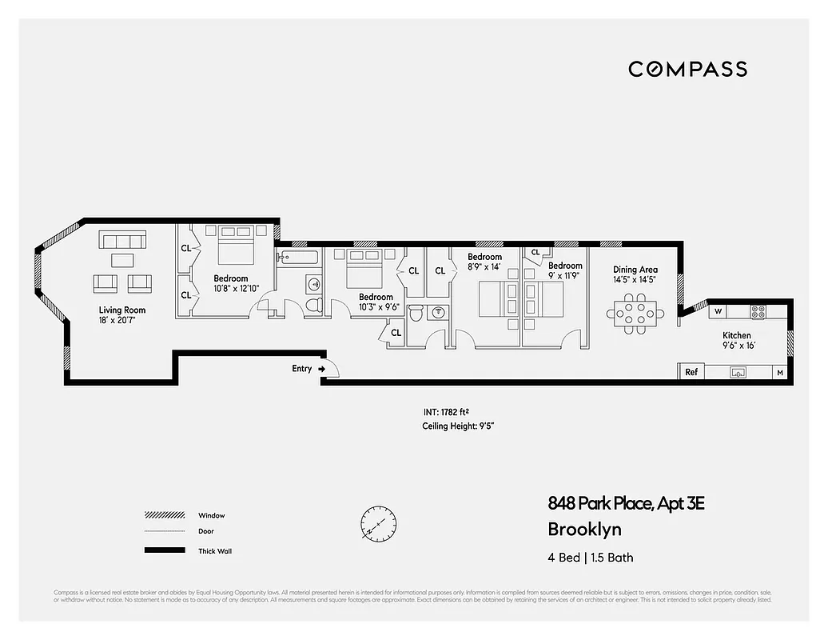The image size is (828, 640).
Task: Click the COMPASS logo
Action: [x=687, y=70]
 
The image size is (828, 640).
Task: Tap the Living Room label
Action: [x=122, y=310]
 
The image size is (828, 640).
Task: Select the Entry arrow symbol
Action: [x=321, y=369]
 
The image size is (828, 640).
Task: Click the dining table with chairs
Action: [x=636, y=313]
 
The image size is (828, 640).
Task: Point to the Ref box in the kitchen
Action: [x=691, y=372]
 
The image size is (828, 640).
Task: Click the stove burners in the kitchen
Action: [x=757, y=312]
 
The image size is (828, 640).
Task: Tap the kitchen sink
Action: [x=738, y=372]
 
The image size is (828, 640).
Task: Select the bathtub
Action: [x=298, y=257]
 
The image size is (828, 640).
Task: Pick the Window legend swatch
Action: [x=165, y=515]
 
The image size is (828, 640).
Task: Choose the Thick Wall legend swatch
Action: [x=165, y=550]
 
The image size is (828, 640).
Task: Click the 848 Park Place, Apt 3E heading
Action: [x=627, y=503]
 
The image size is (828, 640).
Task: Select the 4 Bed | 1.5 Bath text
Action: [x=590, y=558]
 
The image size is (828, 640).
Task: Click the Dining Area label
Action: [x=635, y=270]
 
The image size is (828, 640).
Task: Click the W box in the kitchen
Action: [x=718, y=311]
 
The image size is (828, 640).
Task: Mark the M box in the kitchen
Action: [x=779, y=373]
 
